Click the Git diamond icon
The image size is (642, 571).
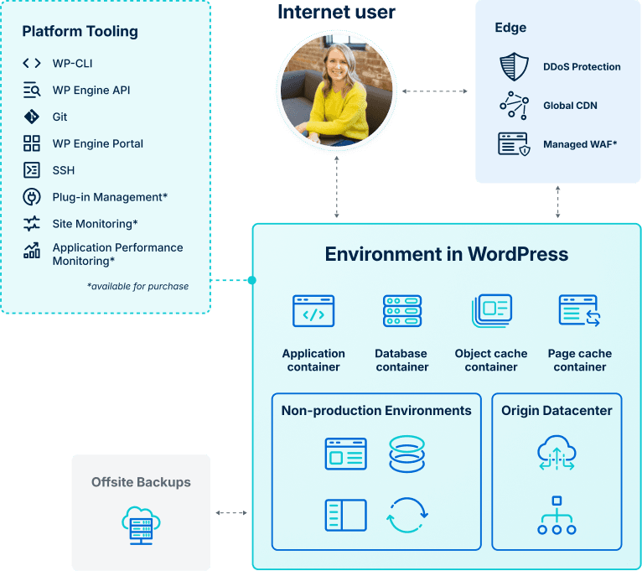(x=32, y=117)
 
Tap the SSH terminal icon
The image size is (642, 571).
(x=32, y=170)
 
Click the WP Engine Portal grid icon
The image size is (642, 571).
(x=32, y=143)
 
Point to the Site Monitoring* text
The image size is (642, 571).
(x=95, y=224)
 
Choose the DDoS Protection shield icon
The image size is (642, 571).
(x=514, y=66)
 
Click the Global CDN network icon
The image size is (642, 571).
(x=514, y=105)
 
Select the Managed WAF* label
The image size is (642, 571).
(x=580, y=144)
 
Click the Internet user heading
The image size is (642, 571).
(x=336, y=12)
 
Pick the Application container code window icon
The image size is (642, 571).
(x=313, y=310)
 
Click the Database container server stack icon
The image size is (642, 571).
(x=402, y=310)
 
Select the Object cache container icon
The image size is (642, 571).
(x=491, y=310)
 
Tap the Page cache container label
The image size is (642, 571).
(x=580, y=360)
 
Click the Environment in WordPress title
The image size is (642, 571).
(x=446, y=254)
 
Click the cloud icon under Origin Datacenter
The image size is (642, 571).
(x=557, y=453)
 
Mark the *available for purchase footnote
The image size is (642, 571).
(x=137, y=286)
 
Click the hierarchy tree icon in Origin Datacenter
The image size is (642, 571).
(x=557, y=515)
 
